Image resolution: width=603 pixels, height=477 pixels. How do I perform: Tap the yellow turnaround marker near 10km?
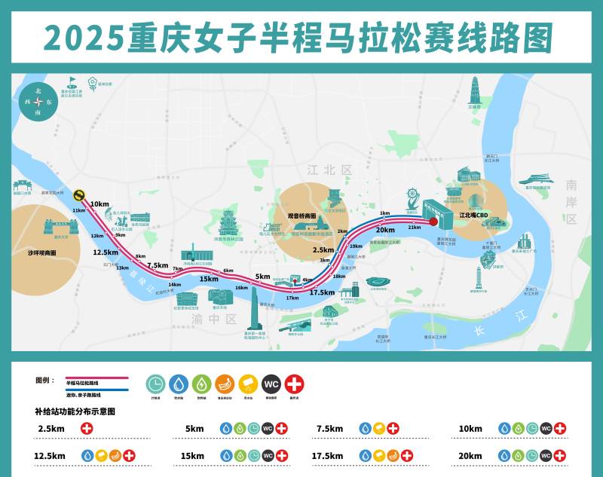[78, 193]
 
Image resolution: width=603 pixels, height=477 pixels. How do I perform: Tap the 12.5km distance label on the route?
[106, 252]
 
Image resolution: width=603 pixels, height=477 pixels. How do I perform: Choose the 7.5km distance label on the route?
[158, 265]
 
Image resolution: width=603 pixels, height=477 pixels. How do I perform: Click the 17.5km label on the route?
[323, 292]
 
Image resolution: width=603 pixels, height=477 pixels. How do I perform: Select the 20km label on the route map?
[385, 230]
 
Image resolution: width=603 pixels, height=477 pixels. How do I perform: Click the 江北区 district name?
[329, 171]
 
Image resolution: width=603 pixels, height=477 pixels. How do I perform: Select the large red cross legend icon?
[295, 383]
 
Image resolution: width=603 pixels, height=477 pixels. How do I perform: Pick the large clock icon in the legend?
[157, 383]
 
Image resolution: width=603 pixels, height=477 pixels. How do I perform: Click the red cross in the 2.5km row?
[87, 429]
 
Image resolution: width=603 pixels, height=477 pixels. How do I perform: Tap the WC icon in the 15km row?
[268, 456]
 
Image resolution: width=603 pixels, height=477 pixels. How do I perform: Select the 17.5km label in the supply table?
[328, 456]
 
